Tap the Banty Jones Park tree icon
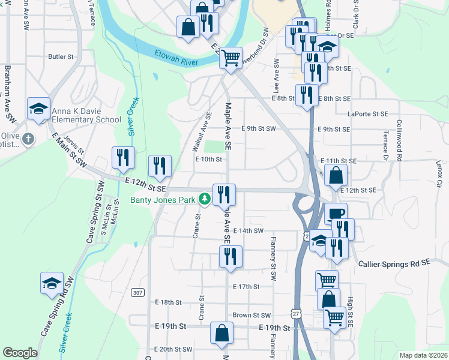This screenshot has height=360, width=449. pos(205,199)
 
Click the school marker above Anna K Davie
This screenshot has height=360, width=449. pos(39,109)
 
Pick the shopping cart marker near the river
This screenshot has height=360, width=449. pos(231,58)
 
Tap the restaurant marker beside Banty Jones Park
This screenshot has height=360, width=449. pos(224,194)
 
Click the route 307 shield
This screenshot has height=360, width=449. pos(138,292)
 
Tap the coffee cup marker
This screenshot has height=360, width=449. pos(336,214)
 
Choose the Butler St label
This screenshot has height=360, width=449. pos(61,57)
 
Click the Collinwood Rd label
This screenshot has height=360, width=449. pos(399,140)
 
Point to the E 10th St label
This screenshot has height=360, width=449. pos(209,160)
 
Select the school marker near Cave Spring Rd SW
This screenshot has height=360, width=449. pos(52,283)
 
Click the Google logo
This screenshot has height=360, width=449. pos(20,353)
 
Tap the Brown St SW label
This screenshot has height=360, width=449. pos(252,315)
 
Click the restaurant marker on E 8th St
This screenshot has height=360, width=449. pos(307,95)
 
